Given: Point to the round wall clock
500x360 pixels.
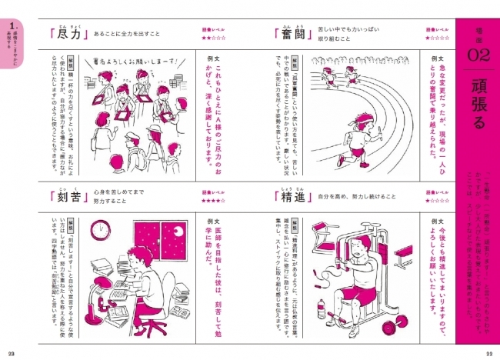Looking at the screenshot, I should click(98, 231).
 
